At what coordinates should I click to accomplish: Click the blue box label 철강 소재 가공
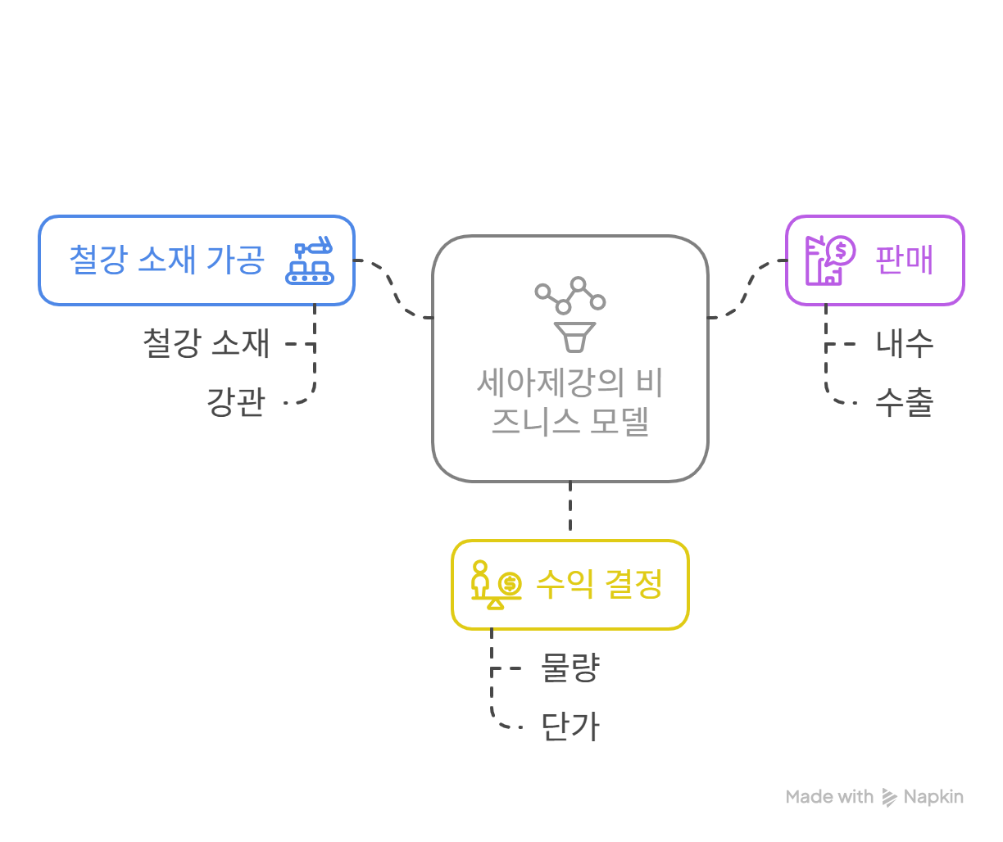(166, 259)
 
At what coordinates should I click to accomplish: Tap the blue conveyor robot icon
(310, 260)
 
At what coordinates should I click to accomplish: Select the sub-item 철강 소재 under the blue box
(206, 343)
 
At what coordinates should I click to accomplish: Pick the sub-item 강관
(236, 402)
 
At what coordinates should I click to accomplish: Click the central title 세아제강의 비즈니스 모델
(570, 402)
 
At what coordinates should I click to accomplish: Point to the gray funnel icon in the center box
(570, 315)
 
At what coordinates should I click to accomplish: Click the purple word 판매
(904, 260)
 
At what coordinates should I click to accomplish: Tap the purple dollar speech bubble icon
(831, 260)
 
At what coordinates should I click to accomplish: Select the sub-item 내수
(904, 343)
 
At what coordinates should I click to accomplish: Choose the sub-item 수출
(904, 402)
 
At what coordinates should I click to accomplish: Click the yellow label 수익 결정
(600, 584)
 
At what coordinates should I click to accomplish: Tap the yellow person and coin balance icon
(497, 584)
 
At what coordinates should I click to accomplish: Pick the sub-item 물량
(570, 668)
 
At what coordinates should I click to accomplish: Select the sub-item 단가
(570, 727)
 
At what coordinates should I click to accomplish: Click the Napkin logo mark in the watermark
(889, 797)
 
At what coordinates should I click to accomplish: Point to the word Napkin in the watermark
(933, 797)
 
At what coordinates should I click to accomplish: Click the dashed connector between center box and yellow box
(570, 506)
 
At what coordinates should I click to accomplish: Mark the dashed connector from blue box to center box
(393, 288)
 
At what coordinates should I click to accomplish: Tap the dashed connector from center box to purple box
(747, 288)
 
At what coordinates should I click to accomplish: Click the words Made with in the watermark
(829, 797)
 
